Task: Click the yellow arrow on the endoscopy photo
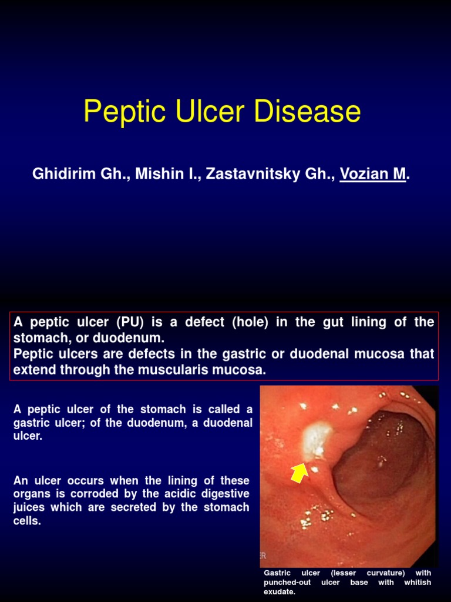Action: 299,472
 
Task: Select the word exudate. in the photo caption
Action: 279,592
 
